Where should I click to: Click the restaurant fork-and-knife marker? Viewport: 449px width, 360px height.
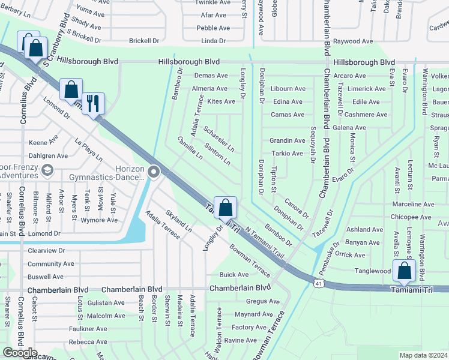[93, 104]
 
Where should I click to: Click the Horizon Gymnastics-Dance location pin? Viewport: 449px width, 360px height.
[154, 172]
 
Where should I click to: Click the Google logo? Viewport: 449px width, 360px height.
[20, 353]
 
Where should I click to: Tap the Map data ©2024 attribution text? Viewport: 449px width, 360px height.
[424, 355]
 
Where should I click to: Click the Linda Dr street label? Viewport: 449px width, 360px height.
[214, 41]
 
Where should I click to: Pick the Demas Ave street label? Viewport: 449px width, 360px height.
[211, 76]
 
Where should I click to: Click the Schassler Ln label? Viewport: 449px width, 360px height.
[218, 139]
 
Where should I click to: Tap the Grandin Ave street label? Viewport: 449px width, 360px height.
[287, 140]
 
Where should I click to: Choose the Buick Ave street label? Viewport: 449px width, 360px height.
[234, 274]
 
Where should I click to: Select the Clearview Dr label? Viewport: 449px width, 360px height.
[46, 250]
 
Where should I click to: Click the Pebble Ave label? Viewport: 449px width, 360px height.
[213, 28]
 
